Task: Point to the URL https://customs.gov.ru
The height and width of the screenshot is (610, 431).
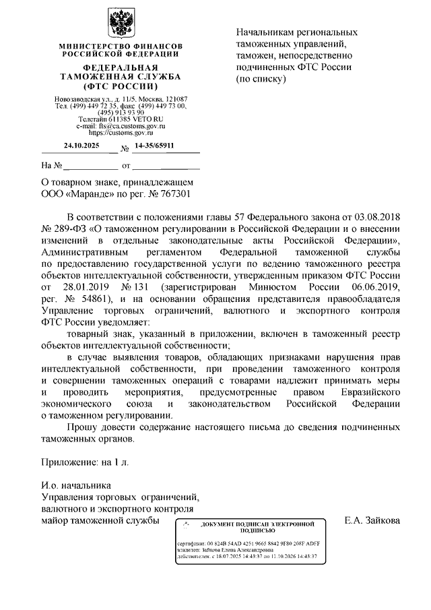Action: click(x=121, y=133)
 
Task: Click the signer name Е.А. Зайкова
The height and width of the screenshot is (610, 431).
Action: click(x=372, y=520)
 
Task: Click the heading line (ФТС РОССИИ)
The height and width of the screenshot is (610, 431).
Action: click(x=121, y=88)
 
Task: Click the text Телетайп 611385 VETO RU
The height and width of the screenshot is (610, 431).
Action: click(x=121, y=119)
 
